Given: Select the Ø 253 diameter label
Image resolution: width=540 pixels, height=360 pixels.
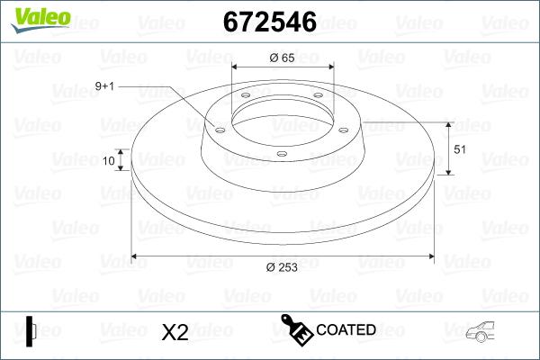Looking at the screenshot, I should (283, 266).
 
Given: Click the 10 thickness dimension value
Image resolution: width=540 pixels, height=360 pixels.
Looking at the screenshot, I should (109, 161).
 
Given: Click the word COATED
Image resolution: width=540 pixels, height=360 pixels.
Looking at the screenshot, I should (346, 330).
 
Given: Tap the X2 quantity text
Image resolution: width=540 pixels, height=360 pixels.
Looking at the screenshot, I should (174, 332).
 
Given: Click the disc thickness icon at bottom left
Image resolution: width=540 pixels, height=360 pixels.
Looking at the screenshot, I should (31, 330).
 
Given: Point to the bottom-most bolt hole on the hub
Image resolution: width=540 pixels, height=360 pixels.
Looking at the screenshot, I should (281, 154).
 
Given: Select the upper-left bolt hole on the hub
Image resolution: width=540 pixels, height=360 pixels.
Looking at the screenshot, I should (245, 100).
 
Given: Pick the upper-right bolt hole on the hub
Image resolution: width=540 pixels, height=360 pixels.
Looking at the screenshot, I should (318, 100).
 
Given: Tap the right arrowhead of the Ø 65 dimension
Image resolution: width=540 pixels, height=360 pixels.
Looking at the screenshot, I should (328, 67).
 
